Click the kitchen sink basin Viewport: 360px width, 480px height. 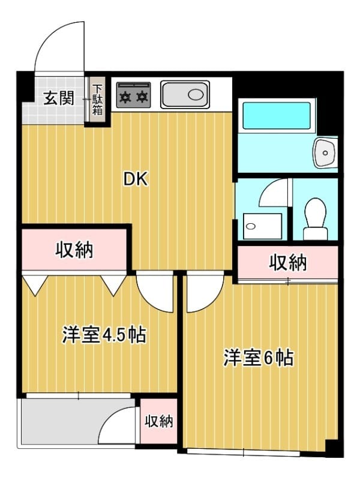point(185,95)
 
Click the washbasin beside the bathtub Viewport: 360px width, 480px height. point(326,152)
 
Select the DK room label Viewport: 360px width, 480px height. point(135,179)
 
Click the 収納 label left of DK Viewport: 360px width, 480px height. point(75,250)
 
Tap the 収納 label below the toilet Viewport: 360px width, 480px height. point(288,262)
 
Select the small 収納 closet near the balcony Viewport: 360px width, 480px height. point(159,421)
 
